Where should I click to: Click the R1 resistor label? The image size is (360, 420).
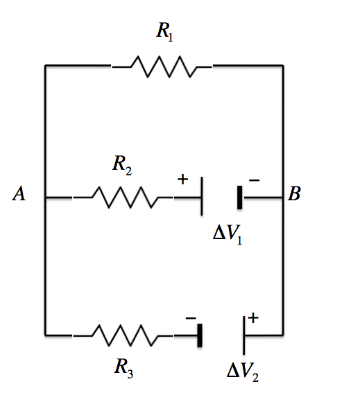[164, 32]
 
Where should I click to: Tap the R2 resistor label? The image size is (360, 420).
[122, 166]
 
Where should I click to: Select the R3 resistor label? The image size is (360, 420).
[123, 369]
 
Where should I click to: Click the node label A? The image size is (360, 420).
[19, 193]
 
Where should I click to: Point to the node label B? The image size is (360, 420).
[294, 193]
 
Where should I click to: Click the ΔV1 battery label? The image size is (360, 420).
[228, 235]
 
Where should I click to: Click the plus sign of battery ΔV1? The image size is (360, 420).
[183, 180]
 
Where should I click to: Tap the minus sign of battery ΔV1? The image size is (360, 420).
[254, 180]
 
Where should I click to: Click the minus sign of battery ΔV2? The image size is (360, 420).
[191, 318]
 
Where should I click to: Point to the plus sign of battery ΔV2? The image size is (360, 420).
[253, 318]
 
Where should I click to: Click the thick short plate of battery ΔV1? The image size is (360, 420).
[239, 198]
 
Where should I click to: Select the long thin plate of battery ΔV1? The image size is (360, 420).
[202, 196]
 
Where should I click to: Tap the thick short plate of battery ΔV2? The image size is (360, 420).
[200, 335]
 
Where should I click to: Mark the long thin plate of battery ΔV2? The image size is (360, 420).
[243, 335]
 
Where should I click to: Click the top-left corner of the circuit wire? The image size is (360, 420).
[45, 65]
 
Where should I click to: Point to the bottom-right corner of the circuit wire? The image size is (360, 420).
[283, 335]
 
